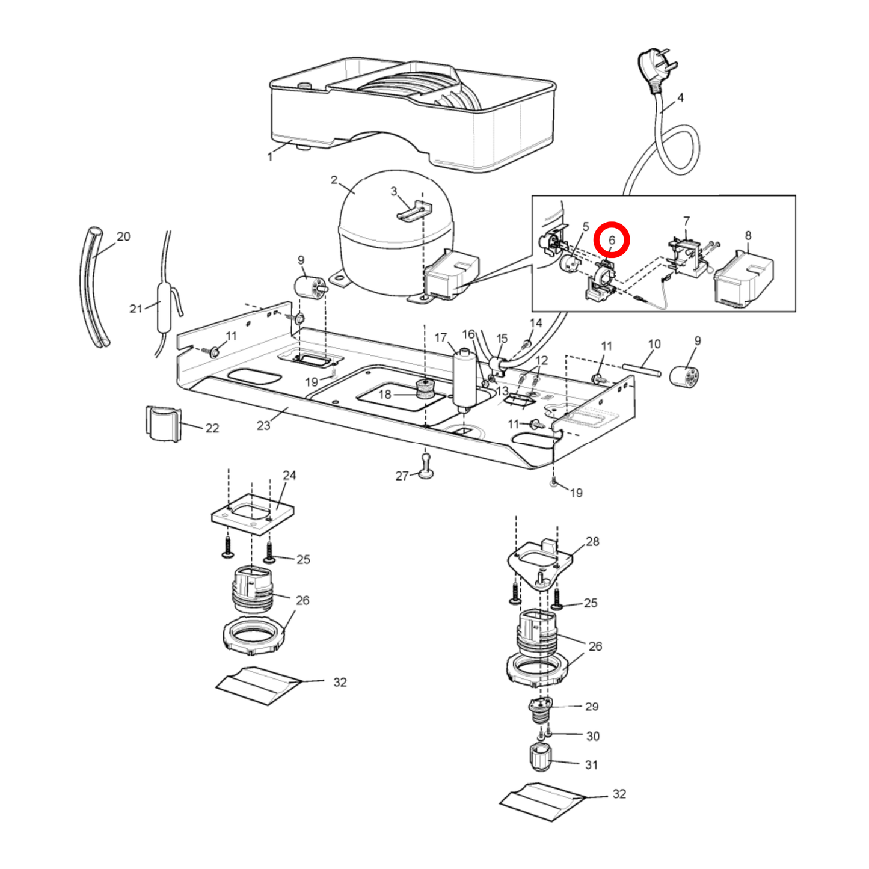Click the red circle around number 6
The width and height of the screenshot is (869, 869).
click(x=612, y=239)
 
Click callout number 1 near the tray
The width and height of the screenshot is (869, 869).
click(x=270, y=156)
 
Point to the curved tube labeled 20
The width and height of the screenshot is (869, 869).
click(x=92, y=289)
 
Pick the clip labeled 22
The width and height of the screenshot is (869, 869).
click(x=163, y=423)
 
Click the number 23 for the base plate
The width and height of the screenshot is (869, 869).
click(x=263, y=425)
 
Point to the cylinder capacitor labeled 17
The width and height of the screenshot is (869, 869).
click(x=464, y=379)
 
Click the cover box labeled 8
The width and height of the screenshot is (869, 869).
click(x=743, y=280)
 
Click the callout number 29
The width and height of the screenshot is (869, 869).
click(x=592, y=706)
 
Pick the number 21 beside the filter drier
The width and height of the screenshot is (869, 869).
click(x=136, y=309)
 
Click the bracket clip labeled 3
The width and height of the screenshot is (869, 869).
click(x=415, y=211)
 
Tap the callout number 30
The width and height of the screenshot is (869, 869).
click(x=592, y=736)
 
